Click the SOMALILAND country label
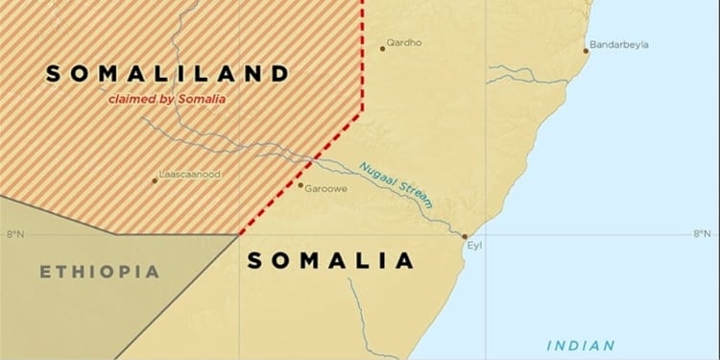pos(167,73)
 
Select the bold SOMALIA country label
pos(330,260)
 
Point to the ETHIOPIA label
pos(99,273)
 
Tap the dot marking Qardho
pos(382,48)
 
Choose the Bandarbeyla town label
pos(620,45)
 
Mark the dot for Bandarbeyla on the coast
pos(586,50)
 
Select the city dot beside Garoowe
pos(300,185)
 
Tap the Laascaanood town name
pos(188,177)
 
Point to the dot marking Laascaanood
pos(155,180)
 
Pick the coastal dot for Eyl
pos(466,236)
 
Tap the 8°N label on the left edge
pos(15,234)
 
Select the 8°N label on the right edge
pos(704,234)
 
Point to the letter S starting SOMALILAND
pos(53,73)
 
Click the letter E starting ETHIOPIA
pos(45,273)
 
